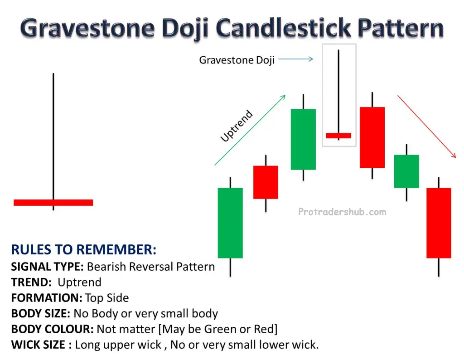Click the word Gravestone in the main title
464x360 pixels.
tap(87, 28)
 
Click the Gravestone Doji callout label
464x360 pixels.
tap(237, 60)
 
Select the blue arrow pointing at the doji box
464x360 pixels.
tap(295, 59)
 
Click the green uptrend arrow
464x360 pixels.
tap(250, 130)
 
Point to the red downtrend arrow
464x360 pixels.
tap(426, 126)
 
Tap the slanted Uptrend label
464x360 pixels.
tap(237, 126)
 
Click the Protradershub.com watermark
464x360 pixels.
tap(342, 212)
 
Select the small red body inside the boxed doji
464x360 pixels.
tap(338, 136)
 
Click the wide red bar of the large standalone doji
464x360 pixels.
tap(53, 203)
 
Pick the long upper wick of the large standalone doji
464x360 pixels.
tap(53, 136)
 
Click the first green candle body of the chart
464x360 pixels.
tap(230, 223)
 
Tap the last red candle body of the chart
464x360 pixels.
tap(439, 223)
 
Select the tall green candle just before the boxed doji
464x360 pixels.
tap(303, 139)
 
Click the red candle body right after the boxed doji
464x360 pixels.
tap(372, 137)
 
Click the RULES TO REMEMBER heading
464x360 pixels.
tap(84, 249)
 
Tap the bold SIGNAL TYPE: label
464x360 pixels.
tap(48, 267)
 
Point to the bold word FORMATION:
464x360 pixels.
tap(47, 298)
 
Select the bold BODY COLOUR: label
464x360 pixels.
tap(53, 329)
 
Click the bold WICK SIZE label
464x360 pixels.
tap(38, 345)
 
